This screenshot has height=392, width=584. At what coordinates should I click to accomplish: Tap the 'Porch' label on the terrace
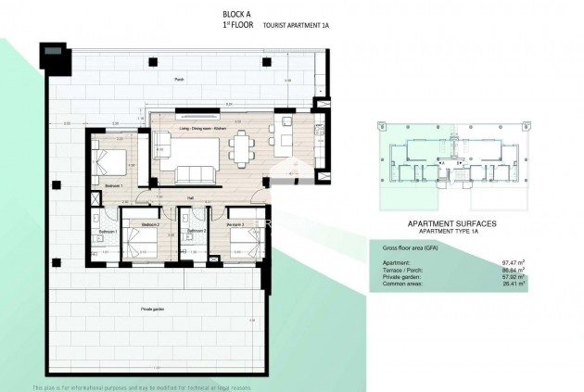(179, 80)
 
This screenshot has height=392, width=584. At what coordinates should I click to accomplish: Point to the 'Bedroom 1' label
(114, 186)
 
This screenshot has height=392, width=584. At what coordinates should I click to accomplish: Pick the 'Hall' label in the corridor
(190, 197)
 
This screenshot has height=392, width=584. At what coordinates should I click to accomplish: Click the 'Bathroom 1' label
(106, 232)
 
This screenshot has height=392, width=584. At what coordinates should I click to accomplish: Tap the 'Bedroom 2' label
(151, 224)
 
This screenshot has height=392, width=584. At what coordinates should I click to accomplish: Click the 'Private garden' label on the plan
(154, 307)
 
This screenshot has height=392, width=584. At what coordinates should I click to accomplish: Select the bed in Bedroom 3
(242, 247)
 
